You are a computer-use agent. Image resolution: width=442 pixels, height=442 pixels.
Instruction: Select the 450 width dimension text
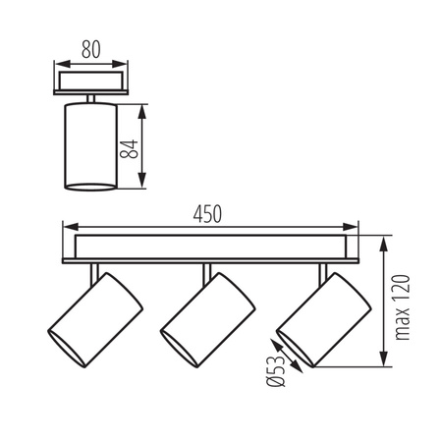[x=207, y=213]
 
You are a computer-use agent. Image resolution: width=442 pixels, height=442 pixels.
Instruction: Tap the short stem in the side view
[x=90, y=96]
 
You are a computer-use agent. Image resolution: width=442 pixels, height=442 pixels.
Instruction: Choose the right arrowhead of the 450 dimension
[x=353, y=226]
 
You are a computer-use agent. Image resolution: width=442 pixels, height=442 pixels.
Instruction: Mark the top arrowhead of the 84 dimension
[x=143, y=107]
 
